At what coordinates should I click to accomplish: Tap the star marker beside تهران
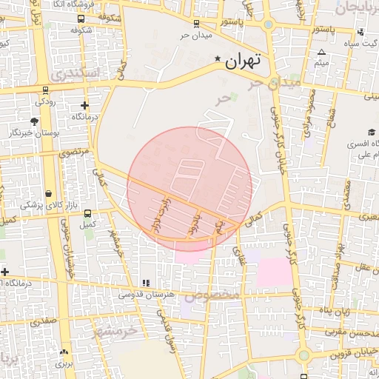coord(218,59)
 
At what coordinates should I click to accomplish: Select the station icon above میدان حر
coord(195,23)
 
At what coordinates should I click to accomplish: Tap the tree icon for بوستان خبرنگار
coord(35,121)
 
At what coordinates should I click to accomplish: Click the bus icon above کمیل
coord(89,212)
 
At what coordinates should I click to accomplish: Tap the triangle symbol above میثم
coord(321,53)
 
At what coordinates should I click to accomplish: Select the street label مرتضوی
coord(73,151)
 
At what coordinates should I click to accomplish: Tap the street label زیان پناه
coord(336,309)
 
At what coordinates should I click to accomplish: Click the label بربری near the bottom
coord(66,364)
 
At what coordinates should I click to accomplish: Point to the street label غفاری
coord(240,254)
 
